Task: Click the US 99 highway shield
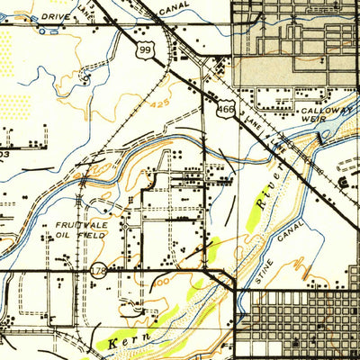tap(145, 53)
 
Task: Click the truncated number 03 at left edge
tap(4, 154)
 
